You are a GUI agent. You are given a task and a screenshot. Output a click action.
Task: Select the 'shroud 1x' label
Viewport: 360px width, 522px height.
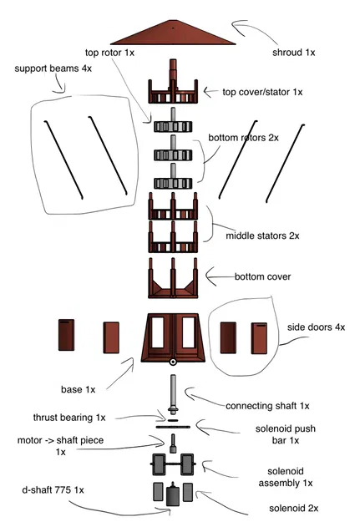pos(293,53)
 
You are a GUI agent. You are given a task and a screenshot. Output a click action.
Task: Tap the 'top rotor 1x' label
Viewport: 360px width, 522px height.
pos(109,53)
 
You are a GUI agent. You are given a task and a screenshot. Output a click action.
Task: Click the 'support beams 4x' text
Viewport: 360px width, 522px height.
pos(53,68)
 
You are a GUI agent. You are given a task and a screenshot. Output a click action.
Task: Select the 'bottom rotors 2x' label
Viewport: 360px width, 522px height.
pos(243,138)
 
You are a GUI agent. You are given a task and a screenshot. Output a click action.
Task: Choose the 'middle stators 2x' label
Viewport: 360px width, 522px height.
pos(262,236)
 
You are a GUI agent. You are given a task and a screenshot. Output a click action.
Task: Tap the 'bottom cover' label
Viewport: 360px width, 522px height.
pos(263,276)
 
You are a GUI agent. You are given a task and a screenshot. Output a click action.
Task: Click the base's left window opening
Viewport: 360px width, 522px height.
pos(158,332)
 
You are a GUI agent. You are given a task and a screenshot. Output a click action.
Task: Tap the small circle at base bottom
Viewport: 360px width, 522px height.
pos(173,362)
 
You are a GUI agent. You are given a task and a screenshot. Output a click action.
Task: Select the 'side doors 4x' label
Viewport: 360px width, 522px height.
pos(316,327)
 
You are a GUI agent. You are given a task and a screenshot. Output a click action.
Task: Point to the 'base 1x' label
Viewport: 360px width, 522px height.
pos(79,389)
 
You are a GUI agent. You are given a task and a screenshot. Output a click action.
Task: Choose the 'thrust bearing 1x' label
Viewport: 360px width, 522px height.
pos(69,418)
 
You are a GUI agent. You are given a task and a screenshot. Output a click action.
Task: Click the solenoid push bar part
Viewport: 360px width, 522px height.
pos(173,427)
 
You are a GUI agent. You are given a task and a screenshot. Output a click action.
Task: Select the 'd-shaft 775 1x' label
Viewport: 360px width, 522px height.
pos(53,490)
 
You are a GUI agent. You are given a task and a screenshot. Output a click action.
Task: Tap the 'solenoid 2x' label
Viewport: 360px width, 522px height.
pos(294,509)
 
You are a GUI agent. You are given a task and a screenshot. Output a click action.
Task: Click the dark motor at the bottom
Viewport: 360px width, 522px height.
pos(173,494)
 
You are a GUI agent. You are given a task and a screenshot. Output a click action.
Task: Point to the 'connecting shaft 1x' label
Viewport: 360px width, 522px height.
pos(267,406)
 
